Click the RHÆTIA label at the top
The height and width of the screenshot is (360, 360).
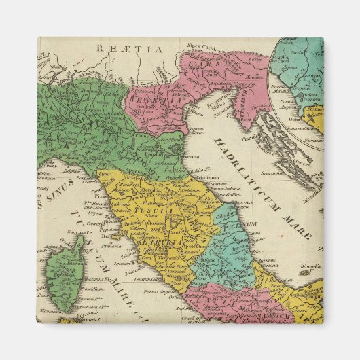(x=129, y=49)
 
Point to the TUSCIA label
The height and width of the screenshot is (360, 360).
(x=147, y=211)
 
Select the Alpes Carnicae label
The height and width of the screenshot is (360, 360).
(x=204, y=47)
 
